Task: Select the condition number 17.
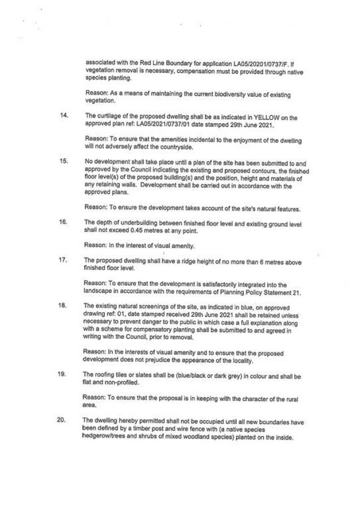tap(63, 262)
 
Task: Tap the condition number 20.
tap(63, 420)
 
